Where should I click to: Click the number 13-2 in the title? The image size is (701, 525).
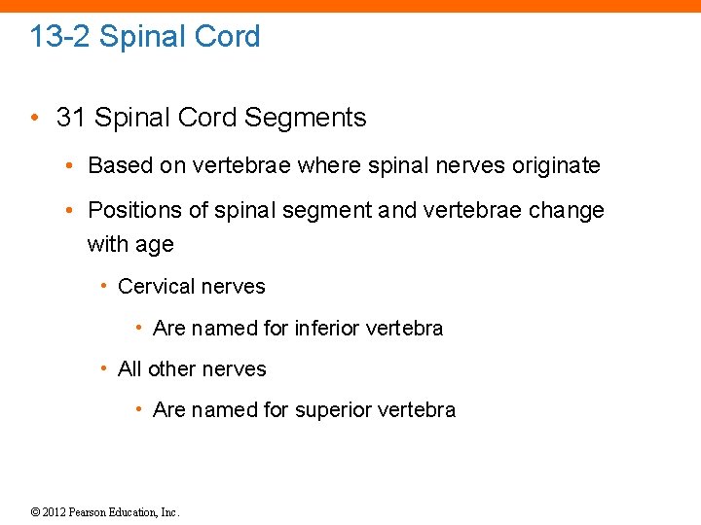click(60, 37)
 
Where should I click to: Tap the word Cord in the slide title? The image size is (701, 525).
click(227, 37)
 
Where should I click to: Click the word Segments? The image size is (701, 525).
click(305, 118)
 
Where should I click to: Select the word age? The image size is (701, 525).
click(155, 245)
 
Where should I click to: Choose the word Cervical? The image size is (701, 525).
click(153, 287)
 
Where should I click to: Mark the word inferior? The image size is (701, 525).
click(328, 329)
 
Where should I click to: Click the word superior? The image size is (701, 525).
click(334, 410)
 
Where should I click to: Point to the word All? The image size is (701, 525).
click(129, 369)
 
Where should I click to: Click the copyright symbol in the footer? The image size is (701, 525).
click(36, 512)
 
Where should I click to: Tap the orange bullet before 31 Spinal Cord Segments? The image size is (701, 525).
click(34, 119)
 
